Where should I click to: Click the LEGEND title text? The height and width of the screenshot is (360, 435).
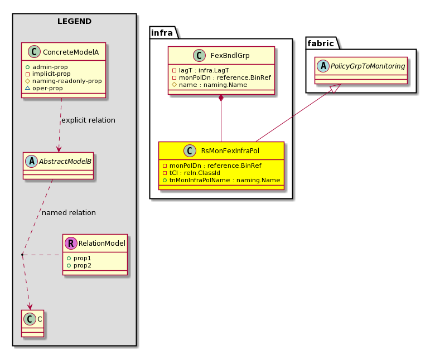pyautogui.click(x=74, y=21)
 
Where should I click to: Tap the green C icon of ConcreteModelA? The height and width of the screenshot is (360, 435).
pyautogui.click(x=34, y=52)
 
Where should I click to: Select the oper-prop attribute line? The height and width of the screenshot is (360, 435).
pyautogui.click(x=44, y=88)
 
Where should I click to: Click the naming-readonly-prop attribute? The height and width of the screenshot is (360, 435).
pyautogui.click(x=64, y=81)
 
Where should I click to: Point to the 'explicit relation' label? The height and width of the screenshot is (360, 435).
pyautogui.click(x=88, y=120)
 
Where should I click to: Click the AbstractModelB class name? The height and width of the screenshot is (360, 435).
pyautogui.click(x=65, y=161)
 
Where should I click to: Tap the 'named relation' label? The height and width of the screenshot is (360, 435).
pyautogui.click(x=69, y=212)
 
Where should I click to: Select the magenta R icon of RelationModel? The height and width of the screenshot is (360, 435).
pyautogui.click(x=71, y=244)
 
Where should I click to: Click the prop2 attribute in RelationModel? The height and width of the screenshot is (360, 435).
pyautogui.click(x=79, y=265)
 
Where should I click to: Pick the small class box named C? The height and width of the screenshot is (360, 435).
pyautogui.click(x=33, y=323)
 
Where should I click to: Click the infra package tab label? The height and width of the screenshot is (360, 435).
pyautogui.click(x=162, y=33)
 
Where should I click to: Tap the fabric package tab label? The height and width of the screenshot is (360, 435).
pyautogui.click(x=321, y=43)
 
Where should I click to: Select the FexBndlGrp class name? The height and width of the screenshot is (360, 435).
pyautogui.click(x=230, y=55)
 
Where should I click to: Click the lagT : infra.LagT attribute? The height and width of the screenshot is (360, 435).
pyautogui.click(x=201, y=70)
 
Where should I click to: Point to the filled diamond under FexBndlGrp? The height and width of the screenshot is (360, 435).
pyautogui.click(x=221, y=98)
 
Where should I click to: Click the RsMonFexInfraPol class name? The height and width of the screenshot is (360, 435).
pyautogui.click(x=230, y=151)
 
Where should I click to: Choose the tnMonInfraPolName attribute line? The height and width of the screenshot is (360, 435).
pyautogui.click(x=221, y=180)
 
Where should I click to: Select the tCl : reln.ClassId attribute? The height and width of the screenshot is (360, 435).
pyautogui.click(x=191, y=173)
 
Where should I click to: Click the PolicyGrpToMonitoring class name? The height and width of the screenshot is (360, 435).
pyautogui.click(x=368, y=66)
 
